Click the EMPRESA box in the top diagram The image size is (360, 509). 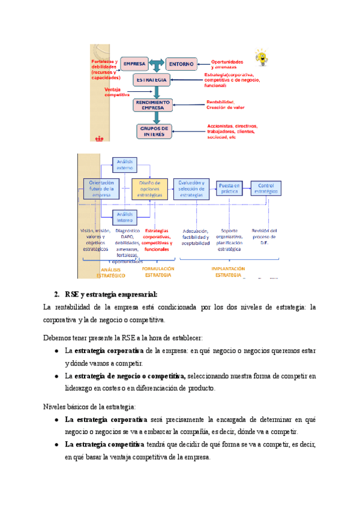pos(135,63)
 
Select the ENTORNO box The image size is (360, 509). pos(181,63)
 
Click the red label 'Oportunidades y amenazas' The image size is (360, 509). pos(227,64)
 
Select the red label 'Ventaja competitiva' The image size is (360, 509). pos(118,92)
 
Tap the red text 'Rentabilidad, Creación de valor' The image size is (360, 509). pos(226,104)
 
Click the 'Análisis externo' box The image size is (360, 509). pos(125,164)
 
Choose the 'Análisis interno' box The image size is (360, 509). pos(125,216)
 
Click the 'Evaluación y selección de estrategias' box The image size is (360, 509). pos(191,188)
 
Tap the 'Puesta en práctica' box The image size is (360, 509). pos(229,188)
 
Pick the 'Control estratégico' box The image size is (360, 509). pos(265,188)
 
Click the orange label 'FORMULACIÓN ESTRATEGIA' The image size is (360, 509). pos(158,272)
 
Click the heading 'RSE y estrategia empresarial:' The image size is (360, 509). pos(111,294)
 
